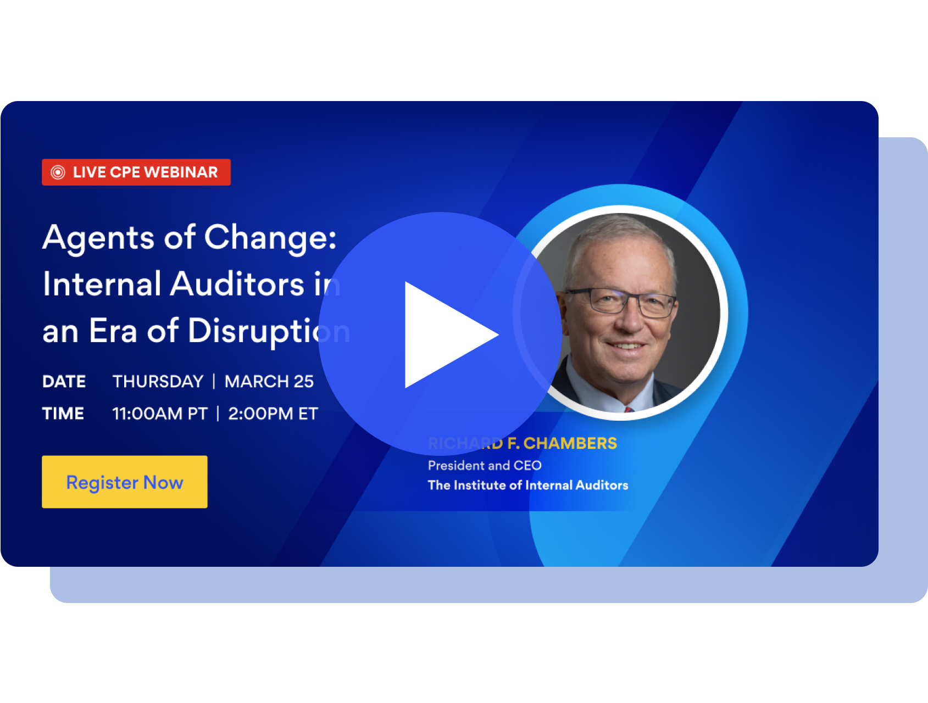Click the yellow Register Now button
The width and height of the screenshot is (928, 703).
pos(125,482)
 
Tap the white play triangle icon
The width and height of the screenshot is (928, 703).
pos(445,334)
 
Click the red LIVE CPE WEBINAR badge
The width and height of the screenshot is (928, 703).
pos(136,172)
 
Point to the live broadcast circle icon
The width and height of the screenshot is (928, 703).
pos(58,172)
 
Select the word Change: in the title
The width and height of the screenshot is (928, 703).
pos(270,238)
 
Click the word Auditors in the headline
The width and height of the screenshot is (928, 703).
pos(237,284)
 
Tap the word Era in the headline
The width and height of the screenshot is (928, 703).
pos(113,331)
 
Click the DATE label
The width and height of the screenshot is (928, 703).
pos(64,381)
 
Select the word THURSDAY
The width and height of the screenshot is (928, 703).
pos(158,381)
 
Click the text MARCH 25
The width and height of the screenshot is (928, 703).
pos(269,381)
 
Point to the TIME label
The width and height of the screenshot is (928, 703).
pos(63,414)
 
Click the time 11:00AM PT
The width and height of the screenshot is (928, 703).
pos(160,414)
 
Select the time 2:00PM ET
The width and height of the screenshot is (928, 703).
pos(273,414)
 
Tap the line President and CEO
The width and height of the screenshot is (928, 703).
pos(485,466)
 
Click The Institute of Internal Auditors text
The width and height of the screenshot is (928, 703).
pos(528,485)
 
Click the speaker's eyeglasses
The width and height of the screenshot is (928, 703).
pos(621,302)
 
